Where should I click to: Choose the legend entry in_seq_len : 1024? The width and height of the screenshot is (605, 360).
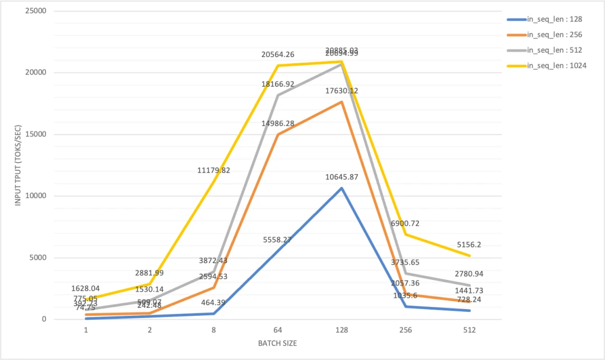[554, 66]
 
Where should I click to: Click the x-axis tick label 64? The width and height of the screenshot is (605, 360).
[278, 330]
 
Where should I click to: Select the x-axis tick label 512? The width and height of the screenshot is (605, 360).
[469, 330]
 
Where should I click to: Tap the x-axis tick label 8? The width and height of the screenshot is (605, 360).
[214, 330]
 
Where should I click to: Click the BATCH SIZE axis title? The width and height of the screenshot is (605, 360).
[278, 343]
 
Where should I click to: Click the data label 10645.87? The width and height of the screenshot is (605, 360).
[342, 177]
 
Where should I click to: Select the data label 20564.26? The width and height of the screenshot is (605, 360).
[278, 55]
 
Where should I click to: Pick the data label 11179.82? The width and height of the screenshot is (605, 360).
[214, 170]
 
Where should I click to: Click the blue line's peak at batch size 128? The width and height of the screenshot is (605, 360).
[342, 188]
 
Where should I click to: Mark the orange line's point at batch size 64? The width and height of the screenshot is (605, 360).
[278, 134]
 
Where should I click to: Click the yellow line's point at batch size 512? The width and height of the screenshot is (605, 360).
[469, 256]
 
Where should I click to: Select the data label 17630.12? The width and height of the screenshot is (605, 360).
[342, 91]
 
